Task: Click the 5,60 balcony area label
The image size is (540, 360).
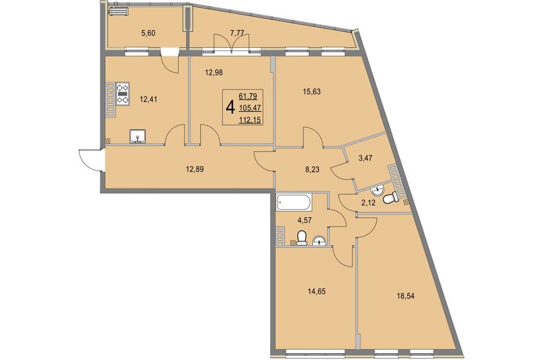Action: [148, 33]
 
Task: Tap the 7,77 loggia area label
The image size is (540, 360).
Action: [237, 33]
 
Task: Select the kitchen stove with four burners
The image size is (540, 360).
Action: [122, 93]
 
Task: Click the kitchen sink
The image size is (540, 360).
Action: [137, 136]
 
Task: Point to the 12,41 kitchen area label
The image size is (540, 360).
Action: [148, 100]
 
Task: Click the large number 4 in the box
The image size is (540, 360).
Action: [230, 107]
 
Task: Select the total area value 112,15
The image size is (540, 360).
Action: [250, 120]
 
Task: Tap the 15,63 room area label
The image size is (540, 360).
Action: [312, 92]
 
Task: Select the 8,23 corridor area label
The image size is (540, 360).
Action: [312, 169]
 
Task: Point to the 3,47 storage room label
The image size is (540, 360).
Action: [366, 159]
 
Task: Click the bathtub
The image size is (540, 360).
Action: [294, 202]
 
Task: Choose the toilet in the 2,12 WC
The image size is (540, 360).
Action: [390, 199]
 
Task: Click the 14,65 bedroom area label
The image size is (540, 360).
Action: [317, 292]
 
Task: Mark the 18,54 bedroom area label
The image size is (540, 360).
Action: [406, 296]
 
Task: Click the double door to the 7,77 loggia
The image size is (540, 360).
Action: [231, 43]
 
